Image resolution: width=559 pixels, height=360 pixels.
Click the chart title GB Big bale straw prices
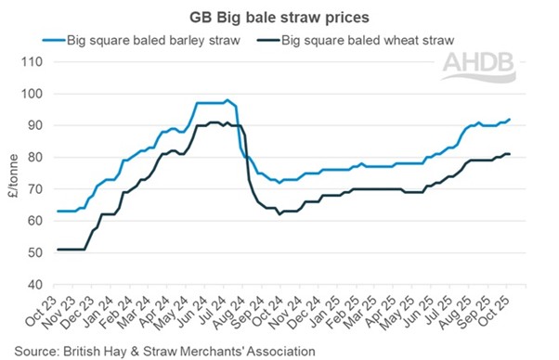click(279, 16)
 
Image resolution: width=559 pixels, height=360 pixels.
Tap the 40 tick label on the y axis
click(35, 284)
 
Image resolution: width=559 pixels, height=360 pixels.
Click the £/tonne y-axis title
click(10, 173)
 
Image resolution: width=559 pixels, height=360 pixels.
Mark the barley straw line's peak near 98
click(227, 99)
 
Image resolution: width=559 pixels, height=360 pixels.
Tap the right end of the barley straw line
click(510, 119)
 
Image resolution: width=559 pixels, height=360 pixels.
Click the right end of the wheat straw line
click(510, 154)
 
